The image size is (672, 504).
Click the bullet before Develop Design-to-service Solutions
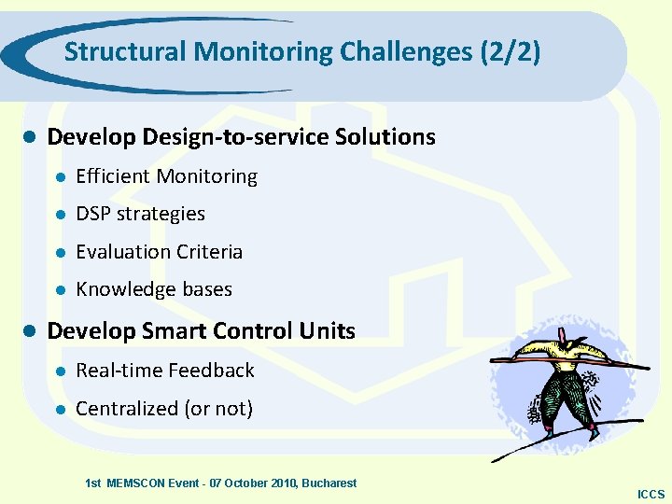[x=28, y=137]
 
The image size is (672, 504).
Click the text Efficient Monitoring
[x=166, y=176]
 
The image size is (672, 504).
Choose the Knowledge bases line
[x=153, y=289]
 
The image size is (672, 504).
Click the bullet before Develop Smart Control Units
[x=28, y=331]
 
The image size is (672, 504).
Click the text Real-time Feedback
[x=164, y=371]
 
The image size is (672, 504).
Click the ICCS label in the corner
[x=651, y=495]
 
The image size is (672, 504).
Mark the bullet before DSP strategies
[x=58, y=215]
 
